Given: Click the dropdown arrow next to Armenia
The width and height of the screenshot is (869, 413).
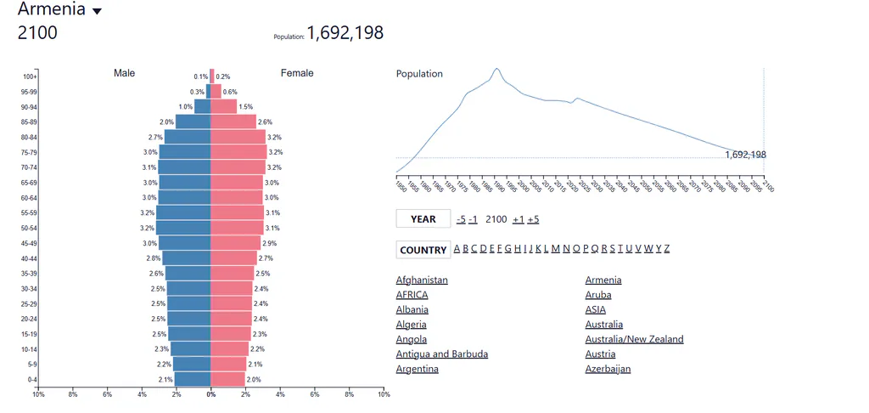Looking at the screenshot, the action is pyautogui.click(x=97, y=11).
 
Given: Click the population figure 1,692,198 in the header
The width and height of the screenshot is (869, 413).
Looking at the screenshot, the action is pyautogui.click(x=345, y=33).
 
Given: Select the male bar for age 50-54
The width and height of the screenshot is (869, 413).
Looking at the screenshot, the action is pyautogui.click(x=183, y=228).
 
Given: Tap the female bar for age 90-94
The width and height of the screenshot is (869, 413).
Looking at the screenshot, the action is pyautogui.click(x=223, y=106).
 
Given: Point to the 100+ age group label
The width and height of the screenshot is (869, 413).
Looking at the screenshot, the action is pyautogui.click(x=30, y=76).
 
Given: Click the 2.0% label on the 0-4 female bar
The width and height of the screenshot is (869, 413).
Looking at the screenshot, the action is pyautogui.click(x=254, y=380).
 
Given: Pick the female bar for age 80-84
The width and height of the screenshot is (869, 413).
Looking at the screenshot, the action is pyautogui.click(x=238, y=137).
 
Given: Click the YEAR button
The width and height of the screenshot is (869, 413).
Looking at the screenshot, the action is pyautogui.click(x=423, y=218).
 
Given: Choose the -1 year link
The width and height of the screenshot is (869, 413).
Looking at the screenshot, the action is pyautogui.click(x=473, y=219).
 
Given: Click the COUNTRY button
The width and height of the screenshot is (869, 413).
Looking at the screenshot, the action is pyautogui.click(x=423, y=250).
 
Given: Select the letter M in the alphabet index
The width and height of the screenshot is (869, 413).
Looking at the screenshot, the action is pyautogui.click(x=555, y=248).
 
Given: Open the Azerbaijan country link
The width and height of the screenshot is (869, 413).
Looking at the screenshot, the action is pyautogui.click(x=608, y=369).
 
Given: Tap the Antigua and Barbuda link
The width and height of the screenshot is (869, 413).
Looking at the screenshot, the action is pyautogui.click(x=441, y=354).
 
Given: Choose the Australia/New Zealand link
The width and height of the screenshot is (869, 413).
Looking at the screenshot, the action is pyautogui.click(x=634, y=339).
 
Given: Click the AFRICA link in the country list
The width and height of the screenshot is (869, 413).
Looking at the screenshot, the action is pyautogui.click(x=412, y=295).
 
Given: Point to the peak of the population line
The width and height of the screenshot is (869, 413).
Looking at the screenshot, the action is pyautogui.click(x=496, y=68).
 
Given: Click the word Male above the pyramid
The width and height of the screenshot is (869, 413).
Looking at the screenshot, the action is pyautogui.click(x=124, y=73).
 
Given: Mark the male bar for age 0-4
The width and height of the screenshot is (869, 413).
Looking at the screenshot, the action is pyautogui.click(x=193, y=379).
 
